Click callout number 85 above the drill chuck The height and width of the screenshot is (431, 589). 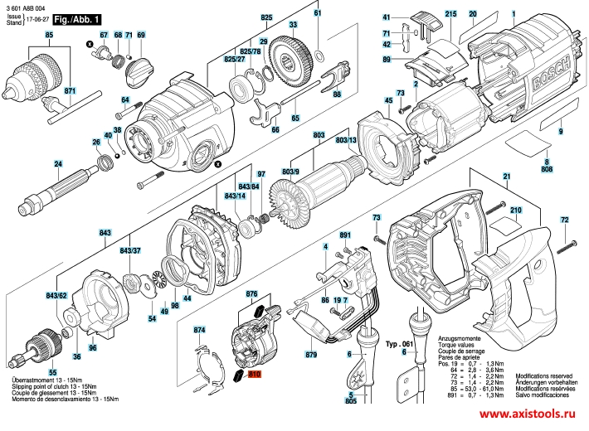[49, 34]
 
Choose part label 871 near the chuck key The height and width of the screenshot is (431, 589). [69, 90]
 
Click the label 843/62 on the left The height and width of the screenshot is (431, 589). [56, 295]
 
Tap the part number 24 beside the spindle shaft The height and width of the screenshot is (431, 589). [33, 162]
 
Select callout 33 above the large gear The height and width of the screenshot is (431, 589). [293, 25]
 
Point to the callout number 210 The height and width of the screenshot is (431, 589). [515, 211]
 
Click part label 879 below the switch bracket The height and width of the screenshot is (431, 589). [311, 355]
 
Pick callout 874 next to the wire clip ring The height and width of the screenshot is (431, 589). [198, 330]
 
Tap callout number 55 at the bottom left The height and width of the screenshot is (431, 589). [52, 372]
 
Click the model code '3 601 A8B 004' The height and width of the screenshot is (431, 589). [28, 7]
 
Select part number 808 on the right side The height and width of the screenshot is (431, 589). [547, 169]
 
